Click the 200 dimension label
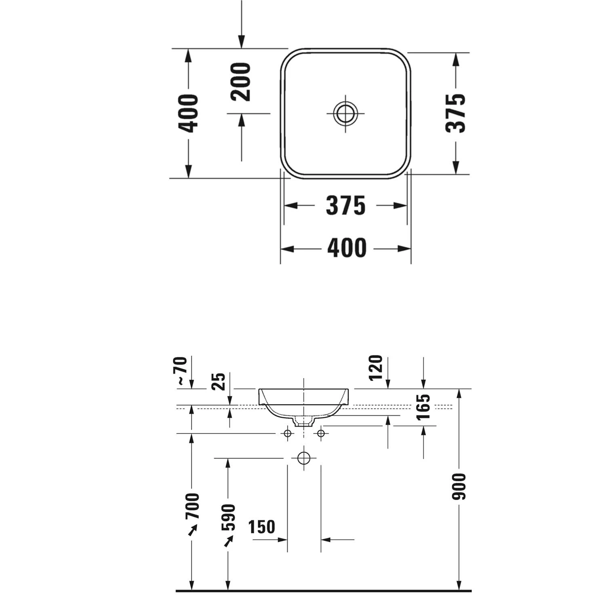coord(241,82)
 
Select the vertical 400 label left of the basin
coord(188,114)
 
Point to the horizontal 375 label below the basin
coord(346,206)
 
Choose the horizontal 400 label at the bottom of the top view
coord(347,248)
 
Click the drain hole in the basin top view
coord(345,113)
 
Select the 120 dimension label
coord(375,368)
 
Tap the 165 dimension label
coord(423,407)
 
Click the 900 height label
coord(459,486)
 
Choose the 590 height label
coord(228,518)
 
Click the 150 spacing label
coord(262,527)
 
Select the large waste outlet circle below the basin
coord(304,458)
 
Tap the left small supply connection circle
coord(288,433)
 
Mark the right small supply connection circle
coord(321,433)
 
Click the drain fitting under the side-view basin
coord(304,421)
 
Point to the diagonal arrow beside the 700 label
coord(193,530)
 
